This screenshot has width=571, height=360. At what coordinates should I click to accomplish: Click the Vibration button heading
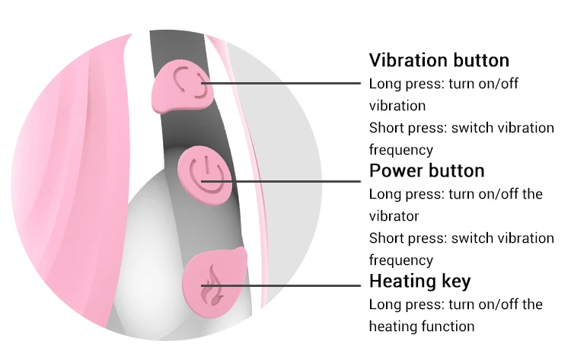click(x=439, y=60)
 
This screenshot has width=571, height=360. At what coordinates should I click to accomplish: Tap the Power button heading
click(x=426, y=170)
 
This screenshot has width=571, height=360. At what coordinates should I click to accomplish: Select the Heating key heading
click(x=419, y=281)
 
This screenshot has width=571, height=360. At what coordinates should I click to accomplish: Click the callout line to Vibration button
click(x=289, y=83)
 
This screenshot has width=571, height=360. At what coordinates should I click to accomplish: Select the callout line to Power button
click(x=297, y=182)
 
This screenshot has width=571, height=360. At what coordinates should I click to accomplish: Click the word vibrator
click(x=394, y=216)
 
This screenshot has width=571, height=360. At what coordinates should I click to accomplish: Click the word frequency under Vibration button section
click(x=400, y=149)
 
